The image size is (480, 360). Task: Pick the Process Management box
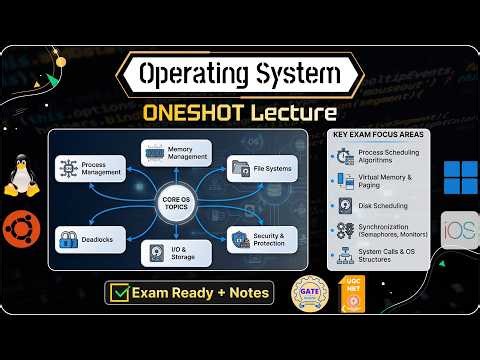[92, 168]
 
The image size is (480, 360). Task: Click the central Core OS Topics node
[175, 201]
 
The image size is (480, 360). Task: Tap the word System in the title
[296, 74]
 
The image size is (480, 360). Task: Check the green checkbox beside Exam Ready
[121, 294]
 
